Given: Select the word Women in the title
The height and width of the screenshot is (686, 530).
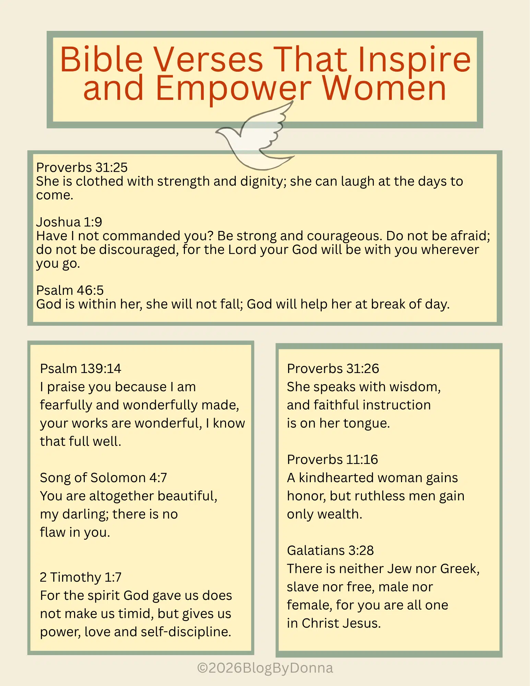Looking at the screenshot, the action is (384, 89).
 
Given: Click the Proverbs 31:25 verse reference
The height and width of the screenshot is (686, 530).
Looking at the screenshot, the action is (82, 167).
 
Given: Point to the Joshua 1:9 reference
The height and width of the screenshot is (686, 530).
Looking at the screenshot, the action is (69, 222).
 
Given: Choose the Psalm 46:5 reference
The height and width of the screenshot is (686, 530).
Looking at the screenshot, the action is (70, 290).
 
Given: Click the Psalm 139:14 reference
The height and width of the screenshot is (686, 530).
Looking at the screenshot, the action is (80, 369).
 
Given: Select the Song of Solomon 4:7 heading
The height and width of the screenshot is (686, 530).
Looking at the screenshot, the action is (103, 478).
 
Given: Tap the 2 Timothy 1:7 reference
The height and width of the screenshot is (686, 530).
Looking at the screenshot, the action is (81, 577).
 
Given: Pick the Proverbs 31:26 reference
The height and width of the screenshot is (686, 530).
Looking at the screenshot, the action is (333, 369).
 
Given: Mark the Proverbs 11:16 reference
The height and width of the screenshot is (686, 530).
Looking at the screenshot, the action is (332, 460).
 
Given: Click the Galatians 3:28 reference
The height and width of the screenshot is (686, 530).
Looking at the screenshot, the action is (330, 550).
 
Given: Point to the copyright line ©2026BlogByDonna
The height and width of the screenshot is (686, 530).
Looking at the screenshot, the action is (265, 668).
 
